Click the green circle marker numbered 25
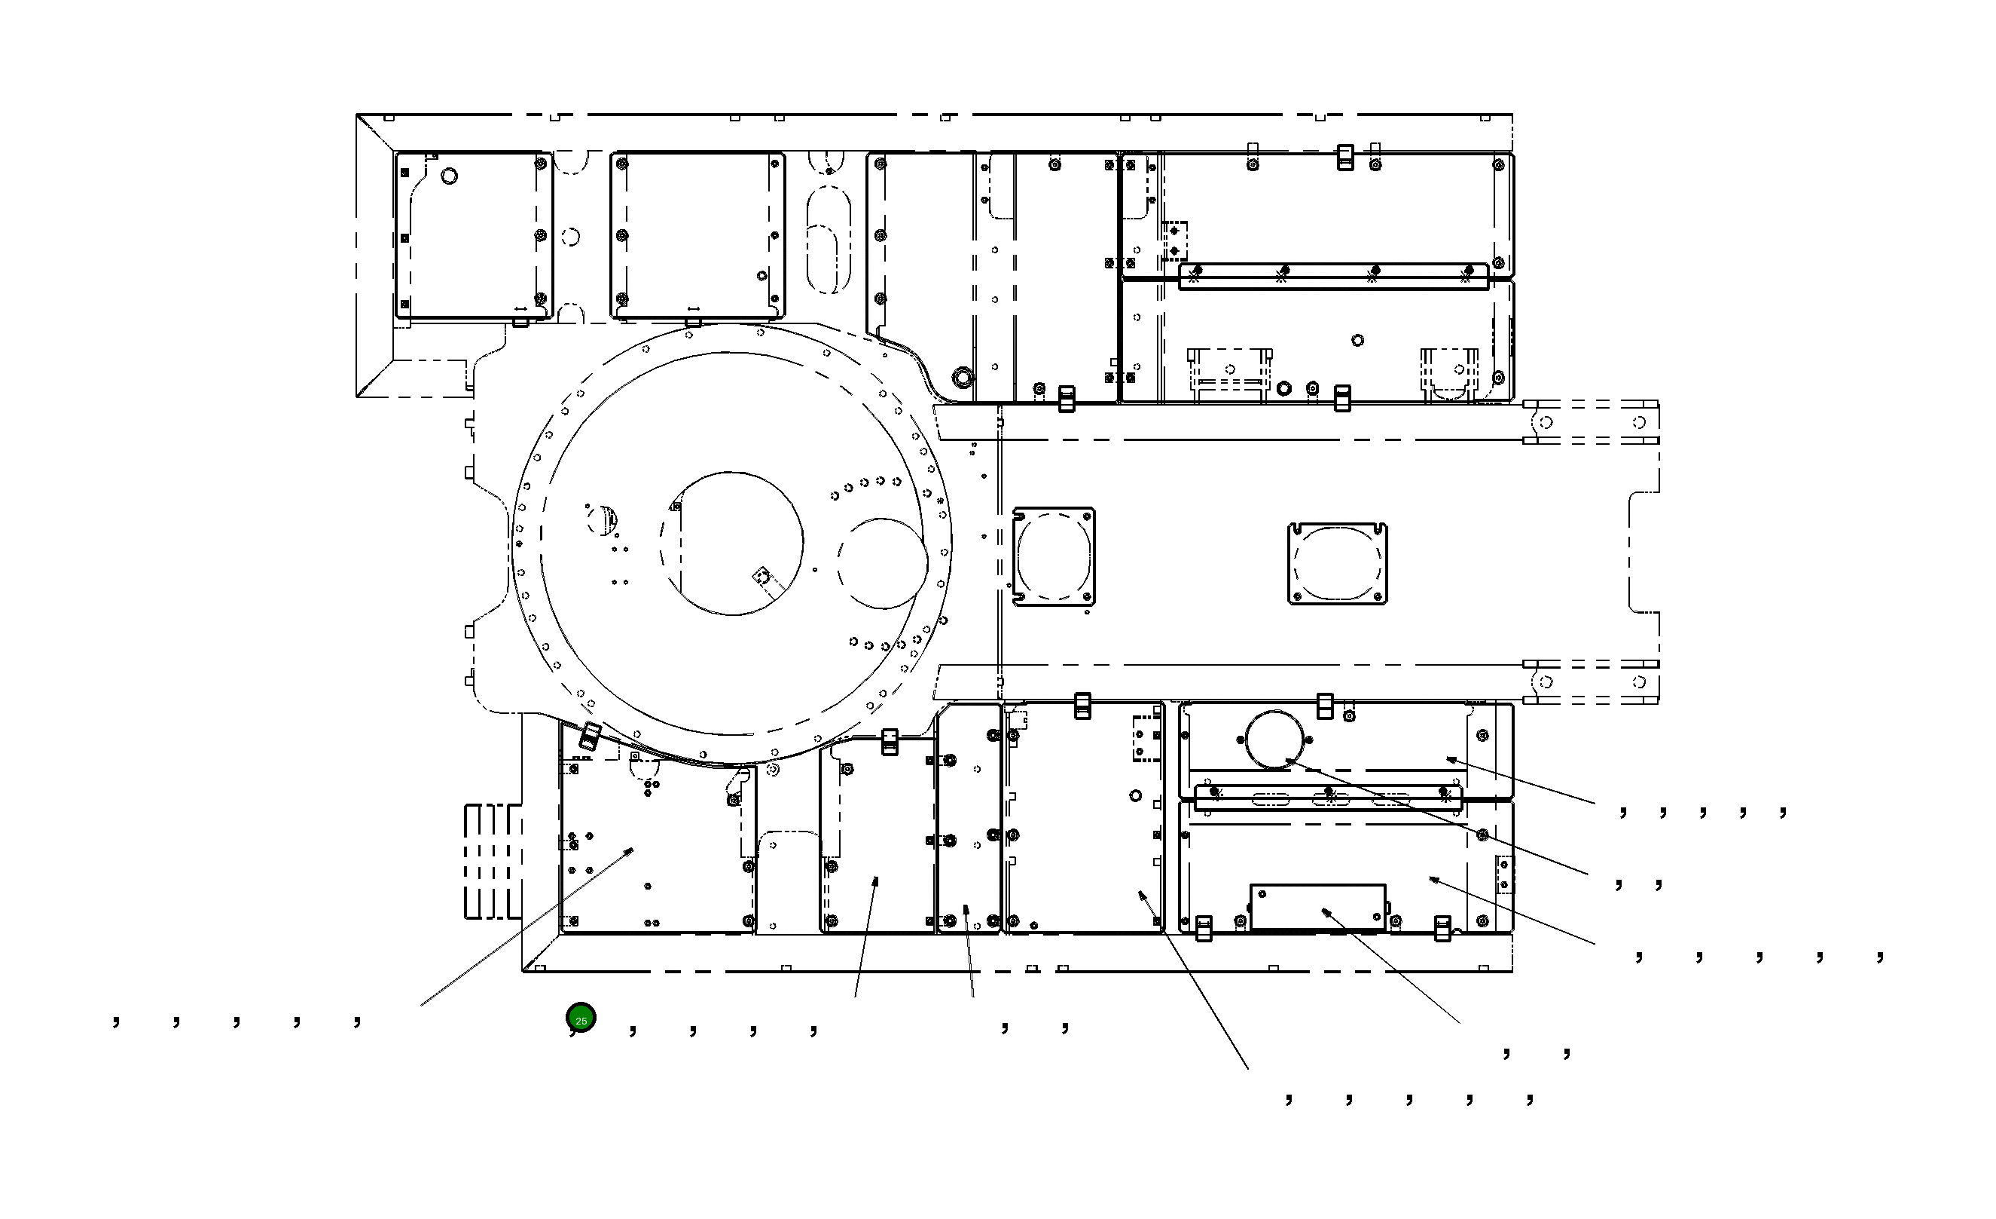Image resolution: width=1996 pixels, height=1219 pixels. point(581,1017)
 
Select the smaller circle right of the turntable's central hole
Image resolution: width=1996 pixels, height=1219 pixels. point(883,563)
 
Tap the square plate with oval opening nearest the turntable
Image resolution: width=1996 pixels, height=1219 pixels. point(1054,557)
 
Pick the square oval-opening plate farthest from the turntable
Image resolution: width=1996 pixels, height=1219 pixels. point(1338,563)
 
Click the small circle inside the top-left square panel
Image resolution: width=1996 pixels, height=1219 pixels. point(449,176)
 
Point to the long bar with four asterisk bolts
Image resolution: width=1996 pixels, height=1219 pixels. point(1333,276)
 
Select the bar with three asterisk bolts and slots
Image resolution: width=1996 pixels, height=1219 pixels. point(1329,798)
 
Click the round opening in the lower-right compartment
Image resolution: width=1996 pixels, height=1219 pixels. point(1274,738)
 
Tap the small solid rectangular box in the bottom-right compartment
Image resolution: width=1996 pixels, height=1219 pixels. point(1318,907)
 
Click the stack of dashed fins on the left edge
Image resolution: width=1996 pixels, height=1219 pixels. point(492,862)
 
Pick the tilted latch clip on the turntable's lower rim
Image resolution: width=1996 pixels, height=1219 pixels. point(591,736)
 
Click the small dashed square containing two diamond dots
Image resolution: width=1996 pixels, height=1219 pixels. point(1174,240)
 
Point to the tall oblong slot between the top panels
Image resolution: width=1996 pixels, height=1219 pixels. point(829,239)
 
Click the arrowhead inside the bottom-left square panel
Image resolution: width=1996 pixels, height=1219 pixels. point(630,850)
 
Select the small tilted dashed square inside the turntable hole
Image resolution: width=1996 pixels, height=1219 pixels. point(761,575)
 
